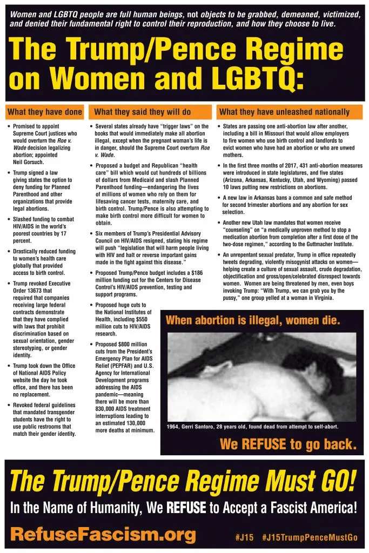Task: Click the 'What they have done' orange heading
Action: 44,112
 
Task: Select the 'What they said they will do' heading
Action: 142,112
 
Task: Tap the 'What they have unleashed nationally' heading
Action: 284,112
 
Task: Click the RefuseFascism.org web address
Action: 103,535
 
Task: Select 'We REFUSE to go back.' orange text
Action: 288,444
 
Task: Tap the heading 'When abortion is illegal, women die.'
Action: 253,320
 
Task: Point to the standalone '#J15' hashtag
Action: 245,537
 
